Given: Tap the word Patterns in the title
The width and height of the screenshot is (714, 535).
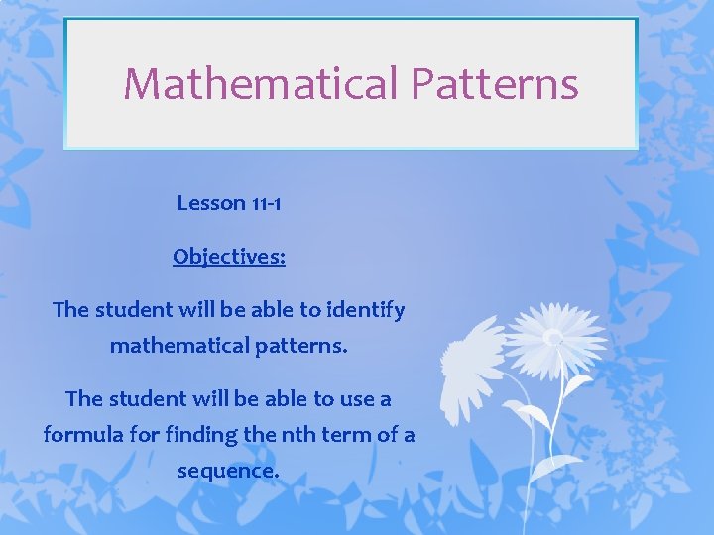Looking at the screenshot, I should click(x=495, y=83).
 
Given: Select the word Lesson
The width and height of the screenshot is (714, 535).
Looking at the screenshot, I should click(x=210, y=203).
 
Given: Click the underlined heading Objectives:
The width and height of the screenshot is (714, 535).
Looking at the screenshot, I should click(x=229, y=257).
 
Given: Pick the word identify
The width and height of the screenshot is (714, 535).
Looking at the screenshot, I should click(x=366, y=310).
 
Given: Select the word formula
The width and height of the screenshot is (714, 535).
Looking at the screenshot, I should click(x=78, y=434).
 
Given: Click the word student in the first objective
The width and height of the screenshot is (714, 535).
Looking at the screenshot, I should click(x=133, y=310).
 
